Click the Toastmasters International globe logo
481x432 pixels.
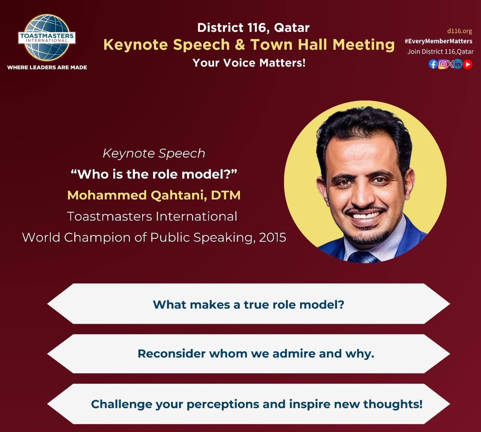[47, 38]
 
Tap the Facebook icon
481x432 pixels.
[433, 64]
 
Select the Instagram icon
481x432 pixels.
[442, 64]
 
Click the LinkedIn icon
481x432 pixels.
[458, 64]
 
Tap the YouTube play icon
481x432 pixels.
[467, 64]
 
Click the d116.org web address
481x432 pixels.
[459, 31]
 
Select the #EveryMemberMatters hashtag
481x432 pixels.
[438, 41]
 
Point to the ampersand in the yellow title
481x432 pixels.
[240, 45]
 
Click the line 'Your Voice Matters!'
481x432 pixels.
[249, 63]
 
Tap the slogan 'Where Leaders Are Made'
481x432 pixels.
[47, 67]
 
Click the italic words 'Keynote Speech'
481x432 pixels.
[154, 153]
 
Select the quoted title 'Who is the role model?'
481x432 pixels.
[154, 174]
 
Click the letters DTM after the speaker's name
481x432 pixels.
[225, 195]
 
